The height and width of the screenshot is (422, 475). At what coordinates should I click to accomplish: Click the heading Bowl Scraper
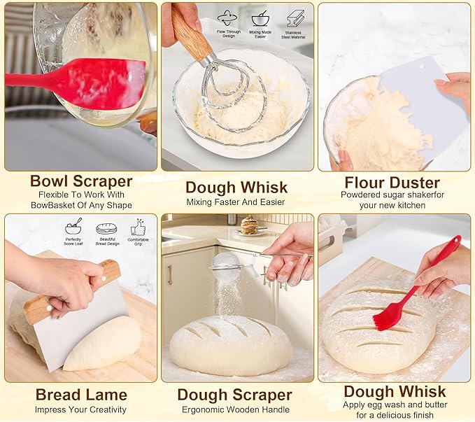[x=80, y=181]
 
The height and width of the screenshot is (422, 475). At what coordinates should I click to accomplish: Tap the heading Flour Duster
[x=392, y=183]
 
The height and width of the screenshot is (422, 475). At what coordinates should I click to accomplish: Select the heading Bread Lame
[x=80, y=395]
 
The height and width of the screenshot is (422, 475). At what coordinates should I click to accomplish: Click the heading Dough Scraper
[x=234, y=395]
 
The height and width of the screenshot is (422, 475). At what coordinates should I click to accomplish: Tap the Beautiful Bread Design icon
[x=106, y=227]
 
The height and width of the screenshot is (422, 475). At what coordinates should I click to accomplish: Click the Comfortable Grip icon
[x=139, y=227]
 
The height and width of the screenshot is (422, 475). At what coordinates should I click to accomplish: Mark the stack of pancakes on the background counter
[x=249, y=225]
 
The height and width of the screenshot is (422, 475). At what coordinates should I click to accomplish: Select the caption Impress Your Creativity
[x=80, y=409]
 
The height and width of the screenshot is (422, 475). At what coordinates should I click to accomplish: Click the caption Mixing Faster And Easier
[x=236, y=202]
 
